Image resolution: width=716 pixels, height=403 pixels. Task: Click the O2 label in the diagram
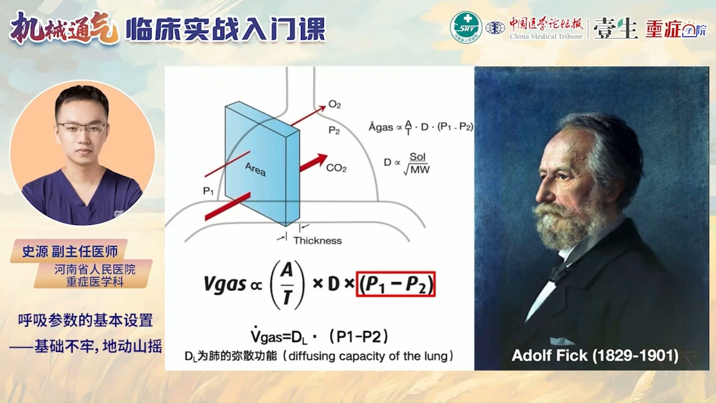(x=335, y=104)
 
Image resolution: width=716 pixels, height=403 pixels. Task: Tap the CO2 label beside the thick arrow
(x=336, y=168)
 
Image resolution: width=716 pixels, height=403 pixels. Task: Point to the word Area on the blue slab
(x=255, y=169)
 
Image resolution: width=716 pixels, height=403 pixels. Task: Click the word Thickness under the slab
(x=317, y=241)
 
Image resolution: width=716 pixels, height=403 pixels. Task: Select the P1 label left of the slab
(x=208, y=191)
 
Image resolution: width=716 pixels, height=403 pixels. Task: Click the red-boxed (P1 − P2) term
(x=396, y=284)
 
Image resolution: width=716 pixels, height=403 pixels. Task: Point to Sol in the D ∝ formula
(x=417, y=157)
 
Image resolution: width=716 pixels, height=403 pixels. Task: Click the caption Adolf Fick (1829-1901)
(x=595, y=356)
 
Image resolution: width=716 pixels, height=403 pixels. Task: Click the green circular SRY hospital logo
(x=466, y=27)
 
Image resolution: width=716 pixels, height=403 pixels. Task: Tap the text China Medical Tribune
(x=546, y=36)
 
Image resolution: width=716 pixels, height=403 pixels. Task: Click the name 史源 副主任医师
(x=70, y=252)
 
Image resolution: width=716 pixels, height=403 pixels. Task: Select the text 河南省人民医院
(x=95, y=269)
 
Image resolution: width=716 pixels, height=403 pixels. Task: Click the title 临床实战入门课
(x=226, y=29)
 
